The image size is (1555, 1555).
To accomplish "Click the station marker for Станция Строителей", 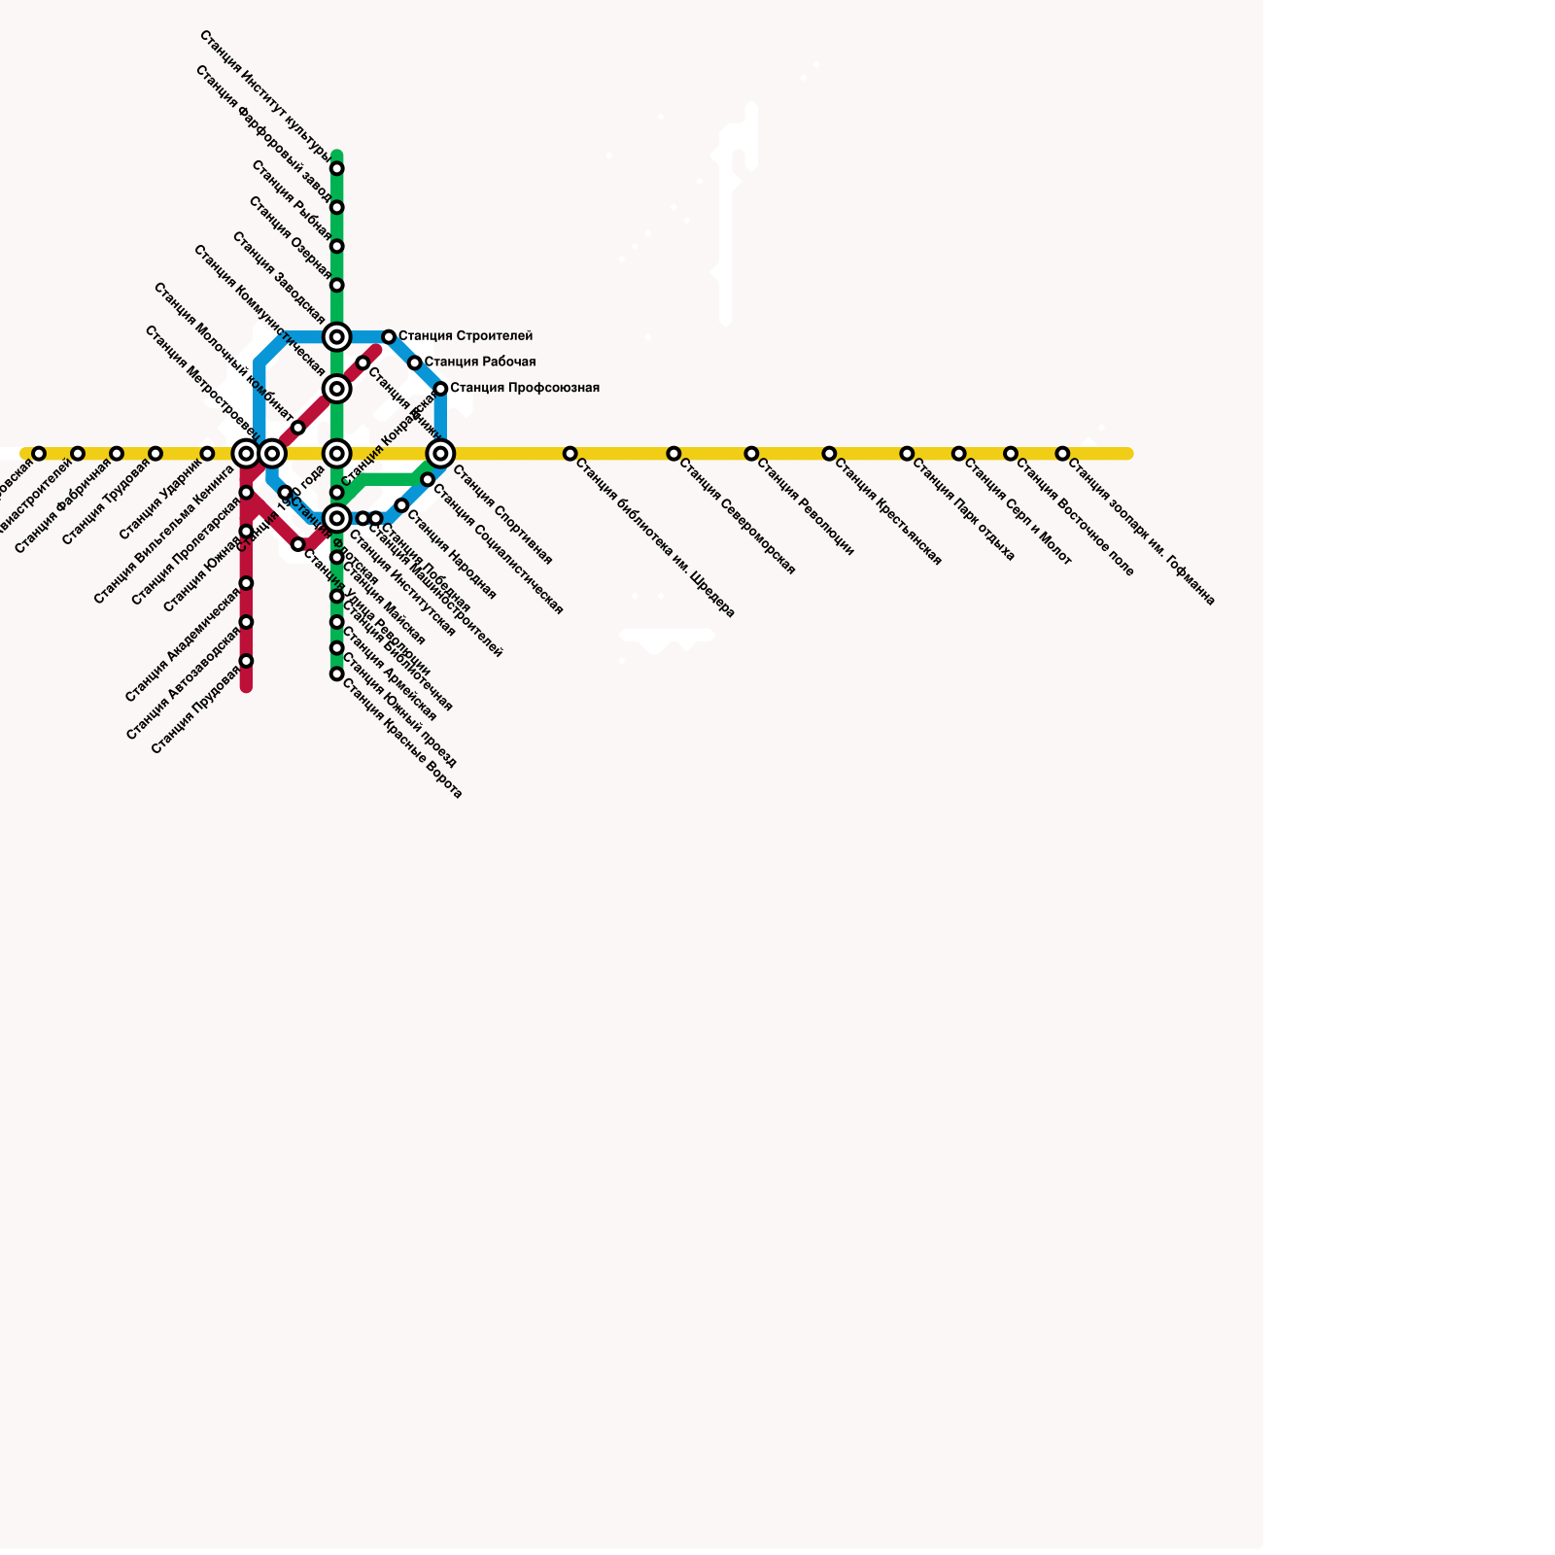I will (389, 337).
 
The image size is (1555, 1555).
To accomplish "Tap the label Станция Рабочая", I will (479, 363).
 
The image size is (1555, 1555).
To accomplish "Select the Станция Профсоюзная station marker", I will (440, 389).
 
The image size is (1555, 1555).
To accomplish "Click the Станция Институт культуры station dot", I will (336, 169).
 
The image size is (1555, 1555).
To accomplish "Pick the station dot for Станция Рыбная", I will (336, 247).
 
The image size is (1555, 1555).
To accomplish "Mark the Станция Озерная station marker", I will (336, 286).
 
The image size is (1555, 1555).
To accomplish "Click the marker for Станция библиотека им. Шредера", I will (570, 454).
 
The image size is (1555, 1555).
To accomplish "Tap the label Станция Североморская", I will (737, 516).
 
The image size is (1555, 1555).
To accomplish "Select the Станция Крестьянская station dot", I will (829, 454).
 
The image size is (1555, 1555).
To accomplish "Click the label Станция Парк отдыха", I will (963, 510).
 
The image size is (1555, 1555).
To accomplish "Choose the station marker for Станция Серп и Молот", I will (958, 454).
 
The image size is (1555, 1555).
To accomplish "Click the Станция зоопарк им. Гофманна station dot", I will (1062, 454).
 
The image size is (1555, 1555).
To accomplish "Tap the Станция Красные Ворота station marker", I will (336, 674).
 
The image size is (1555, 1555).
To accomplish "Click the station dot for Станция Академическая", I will (246, 583).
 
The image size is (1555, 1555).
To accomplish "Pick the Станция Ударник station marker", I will (207, 454).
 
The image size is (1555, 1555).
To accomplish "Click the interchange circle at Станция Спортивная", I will (440, 454).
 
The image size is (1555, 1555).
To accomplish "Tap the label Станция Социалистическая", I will (498, 550).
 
